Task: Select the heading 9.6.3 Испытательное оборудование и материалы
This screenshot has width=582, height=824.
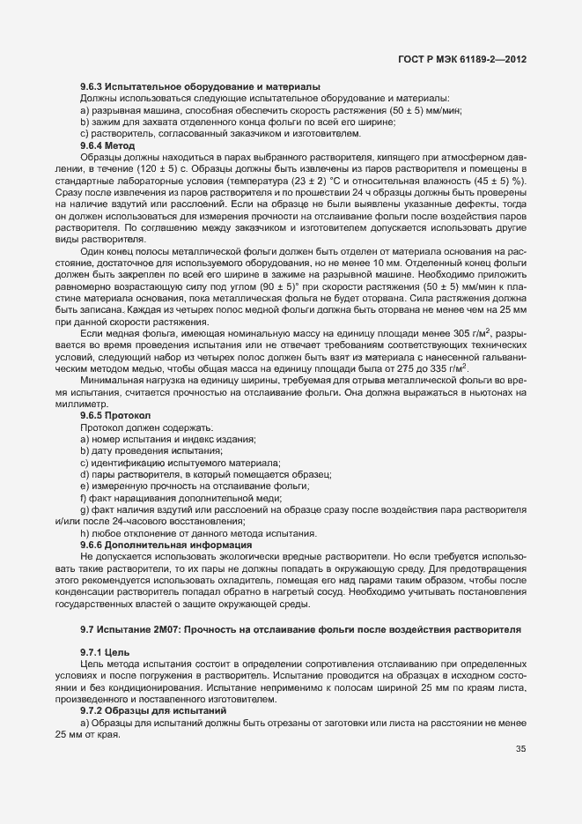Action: (x=199, y=86)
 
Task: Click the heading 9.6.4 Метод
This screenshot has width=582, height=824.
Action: (x=107, y=144)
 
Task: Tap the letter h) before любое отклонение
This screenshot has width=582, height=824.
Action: (x=85, y=534)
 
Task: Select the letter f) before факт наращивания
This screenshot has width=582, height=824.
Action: (x=84, y=498)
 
